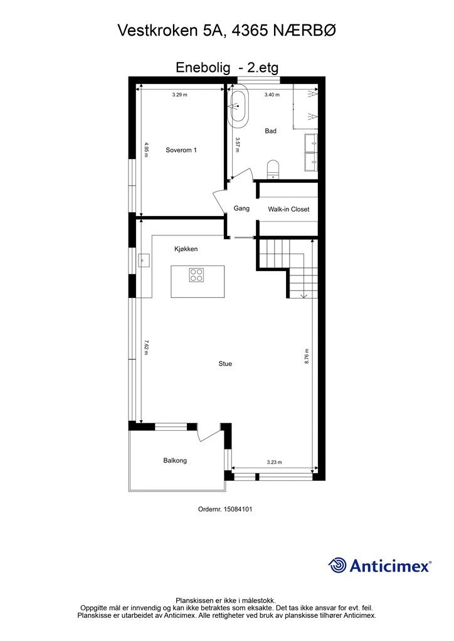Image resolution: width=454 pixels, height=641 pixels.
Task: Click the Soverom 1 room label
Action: [181, 150]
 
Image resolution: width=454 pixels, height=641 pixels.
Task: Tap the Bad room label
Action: [271, 131]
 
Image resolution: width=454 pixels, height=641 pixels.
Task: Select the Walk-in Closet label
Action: [288, 209]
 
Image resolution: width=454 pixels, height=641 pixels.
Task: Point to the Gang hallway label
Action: [241, 208]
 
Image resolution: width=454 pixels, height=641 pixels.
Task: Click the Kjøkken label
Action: [186, 249]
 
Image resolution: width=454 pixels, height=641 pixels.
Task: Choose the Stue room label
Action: [225, 364]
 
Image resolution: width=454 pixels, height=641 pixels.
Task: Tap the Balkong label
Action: [175, 460]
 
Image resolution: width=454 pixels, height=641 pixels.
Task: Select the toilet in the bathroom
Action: [273, 170]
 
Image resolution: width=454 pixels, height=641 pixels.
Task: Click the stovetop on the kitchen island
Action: [197, 275]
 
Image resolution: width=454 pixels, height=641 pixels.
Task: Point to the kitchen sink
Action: [143, 260]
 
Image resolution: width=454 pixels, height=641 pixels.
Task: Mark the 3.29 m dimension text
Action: [179, 95]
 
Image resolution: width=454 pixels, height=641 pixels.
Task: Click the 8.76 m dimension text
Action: [307, 356]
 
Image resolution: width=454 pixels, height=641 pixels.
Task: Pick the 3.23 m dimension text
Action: [274, 463]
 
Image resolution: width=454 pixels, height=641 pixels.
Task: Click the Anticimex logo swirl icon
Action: [337, 565]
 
